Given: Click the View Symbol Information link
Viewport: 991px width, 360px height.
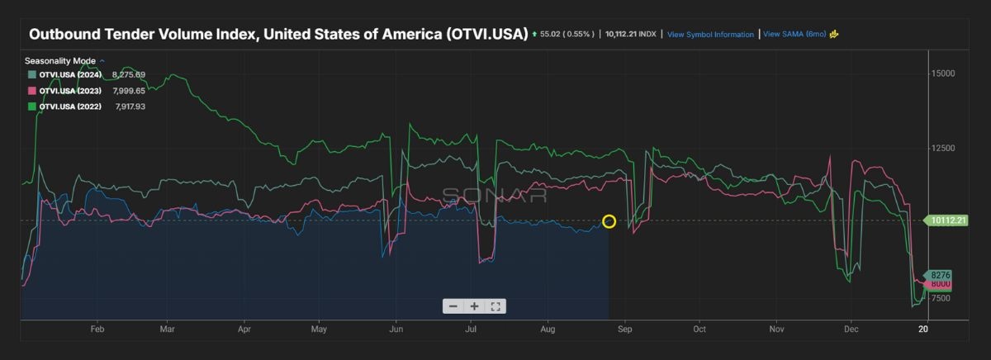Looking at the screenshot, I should [x=710, y=35].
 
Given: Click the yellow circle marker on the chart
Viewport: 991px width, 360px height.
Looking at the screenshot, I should [x=609, y=221].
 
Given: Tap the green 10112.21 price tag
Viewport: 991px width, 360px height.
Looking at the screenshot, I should [x=946, y=220].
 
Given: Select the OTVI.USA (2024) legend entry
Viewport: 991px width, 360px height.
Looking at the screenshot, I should [x=70, y=74].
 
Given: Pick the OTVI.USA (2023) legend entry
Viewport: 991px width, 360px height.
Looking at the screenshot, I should [x=70, y=90].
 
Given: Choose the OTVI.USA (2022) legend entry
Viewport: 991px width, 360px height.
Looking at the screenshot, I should [x=70, y=106].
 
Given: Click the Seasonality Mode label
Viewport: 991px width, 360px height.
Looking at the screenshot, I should [x=61, y=61].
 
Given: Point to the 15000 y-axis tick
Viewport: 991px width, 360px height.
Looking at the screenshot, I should [x=943, y=73].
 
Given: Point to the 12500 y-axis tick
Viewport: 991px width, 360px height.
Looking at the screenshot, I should [x=943, y=149].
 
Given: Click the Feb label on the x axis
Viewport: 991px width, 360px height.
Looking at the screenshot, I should [x=97, y=329].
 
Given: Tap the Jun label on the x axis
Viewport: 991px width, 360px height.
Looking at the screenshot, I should [x=395, y=329].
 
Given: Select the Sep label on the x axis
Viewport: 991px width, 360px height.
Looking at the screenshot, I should [x=624, y=329].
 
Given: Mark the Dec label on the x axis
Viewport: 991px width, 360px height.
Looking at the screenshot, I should [x=851, y=329].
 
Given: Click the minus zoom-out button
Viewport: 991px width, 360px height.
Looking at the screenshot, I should [x=453, y=306].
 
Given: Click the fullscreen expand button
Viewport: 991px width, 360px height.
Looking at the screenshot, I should [x=495, y=306].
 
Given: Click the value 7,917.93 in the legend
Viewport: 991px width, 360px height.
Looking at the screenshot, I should [x=130, y=106].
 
